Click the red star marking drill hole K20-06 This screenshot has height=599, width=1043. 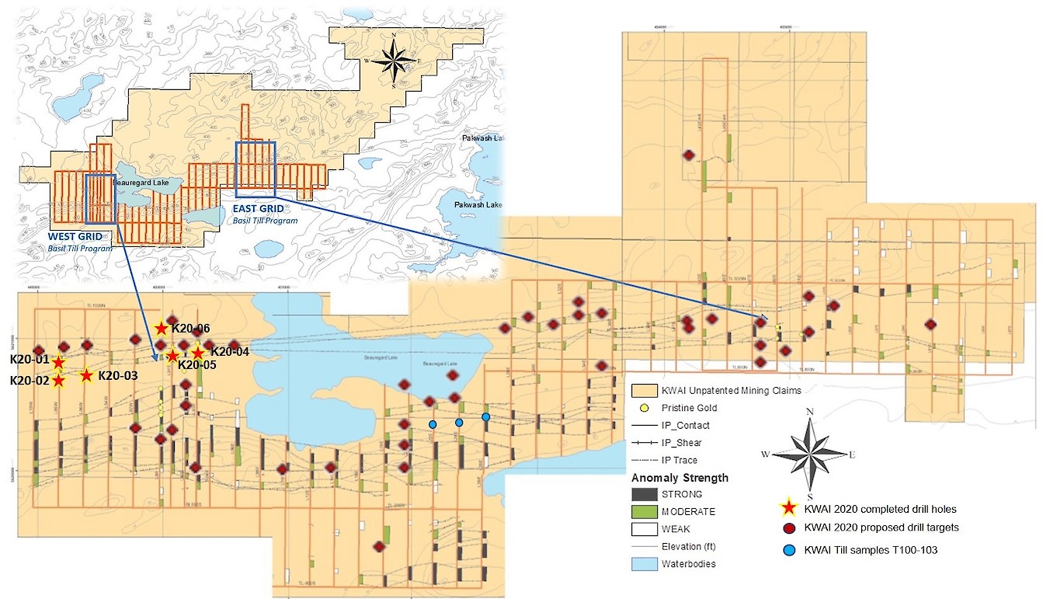coord(161,328)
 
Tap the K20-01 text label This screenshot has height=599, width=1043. coord(30,360)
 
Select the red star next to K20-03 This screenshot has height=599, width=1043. coord(86,375)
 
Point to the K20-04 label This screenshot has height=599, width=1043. coord(230,351)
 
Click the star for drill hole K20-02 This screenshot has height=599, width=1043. coord(59,380)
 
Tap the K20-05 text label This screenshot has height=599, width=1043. coord(198,364)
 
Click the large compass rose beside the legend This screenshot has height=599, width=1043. coord(810,454)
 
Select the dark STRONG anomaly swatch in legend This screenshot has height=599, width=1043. coord(645,494)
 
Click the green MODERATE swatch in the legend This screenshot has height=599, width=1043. coord(645,512)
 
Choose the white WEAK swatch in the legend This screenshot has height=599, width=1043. coord(645,529)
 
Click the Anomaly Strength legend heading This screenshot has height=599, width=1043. coord(680,478)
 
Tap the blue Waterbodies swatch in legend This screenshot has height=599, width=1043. coord(645,564)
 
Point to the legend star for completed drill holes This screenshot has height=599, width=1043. coord(789,508)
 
